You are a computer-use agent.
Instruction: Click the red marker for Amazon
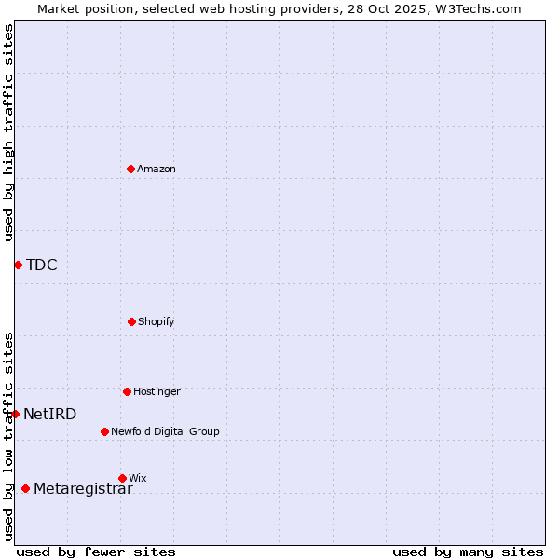pyautogui.click(x=130, y=169)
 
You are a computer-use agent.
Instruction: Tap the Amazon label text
pyautogui.click(x=157, y=169)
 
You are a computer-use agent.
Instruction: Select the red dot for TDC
pyautogui.click(x=18, y=265)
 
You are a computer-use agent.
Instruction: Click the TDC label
pyautogui.click(x=42, y=265)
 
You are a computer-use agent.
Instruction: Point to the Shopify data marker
pyautogui.click(x=131, y=321)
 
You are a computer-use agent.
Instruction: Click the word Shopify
pyautogui.click(x=157, y=321)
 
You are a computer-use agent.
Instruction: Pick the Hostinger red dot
pyautogui.click(x=127, y=391)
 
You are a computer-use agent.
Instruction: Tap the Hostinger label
pyautogui.click(x=157, y=391)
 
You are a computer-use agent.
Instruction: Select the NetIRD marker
pyautogui.click(x=15, y=414)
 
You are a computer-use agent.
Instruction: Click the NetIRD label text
pyautogui.click(x=50, y=414)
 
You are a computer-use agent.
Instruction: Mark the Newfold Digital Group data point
pyautogui.click(x=104, y=431)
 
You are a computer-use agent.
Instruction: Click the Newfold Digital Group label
pyautogui.click(x=165, y=431)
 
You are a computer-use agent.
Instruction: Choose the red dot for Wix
pyautogui.click(x=122, y=478)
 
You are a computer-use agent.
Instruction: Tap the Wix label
pyautogui.click(x=138, y=478)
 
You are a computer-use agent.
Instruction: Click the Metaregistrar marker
pyautogui.click(x=25, y=488)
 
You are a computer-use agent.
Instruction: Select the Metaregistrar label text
pyautogui.click(x=83, y=488)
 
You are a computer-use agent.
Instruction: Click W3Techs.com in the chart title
pyautogui.click(x=476, y=8)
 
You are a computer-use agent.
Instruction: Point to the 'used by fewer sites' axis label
pyautogui.click(x=96, y=552)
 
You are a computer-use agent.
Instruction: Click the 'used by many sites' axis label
pyautogui.click(x=468, y=552)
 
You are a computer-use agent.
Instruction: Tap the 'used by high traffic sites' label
pyautogui.click(x=8, y=132)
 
